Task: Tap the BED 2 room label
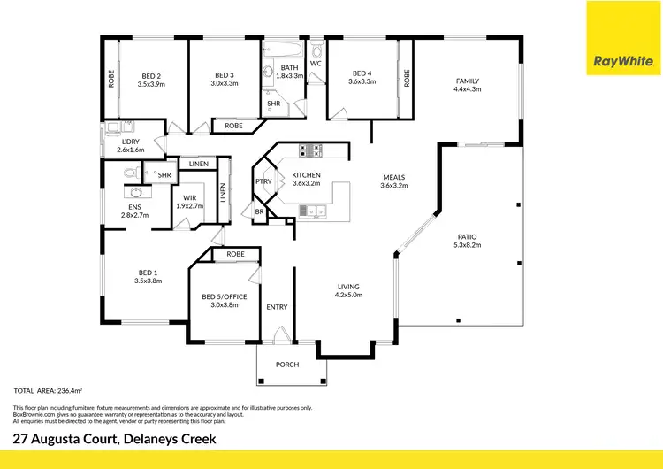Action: (151, 74)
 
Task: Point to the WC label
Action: (316, 62)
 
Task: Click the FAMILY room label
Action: (467, 80)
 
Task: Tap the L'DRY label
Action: (129, 141)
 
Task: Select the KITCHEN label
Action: (306, 175)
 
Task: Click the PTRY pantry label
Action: (263, 181)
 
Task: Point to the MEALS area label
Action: (393, 176)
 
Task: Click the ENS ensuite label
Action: (134, 207)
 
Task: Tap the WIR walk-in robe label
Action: (189, 197)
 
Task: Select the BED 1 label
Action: (148, 272)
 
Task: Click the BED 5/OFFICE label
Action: (225, 296)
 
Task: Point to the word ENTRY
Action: (277, 307)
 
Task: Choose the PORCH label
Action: (286, 365)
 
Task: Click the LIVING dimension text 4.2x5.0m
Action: (349, 295)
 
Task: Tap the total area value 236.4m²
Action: (72, 390)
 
